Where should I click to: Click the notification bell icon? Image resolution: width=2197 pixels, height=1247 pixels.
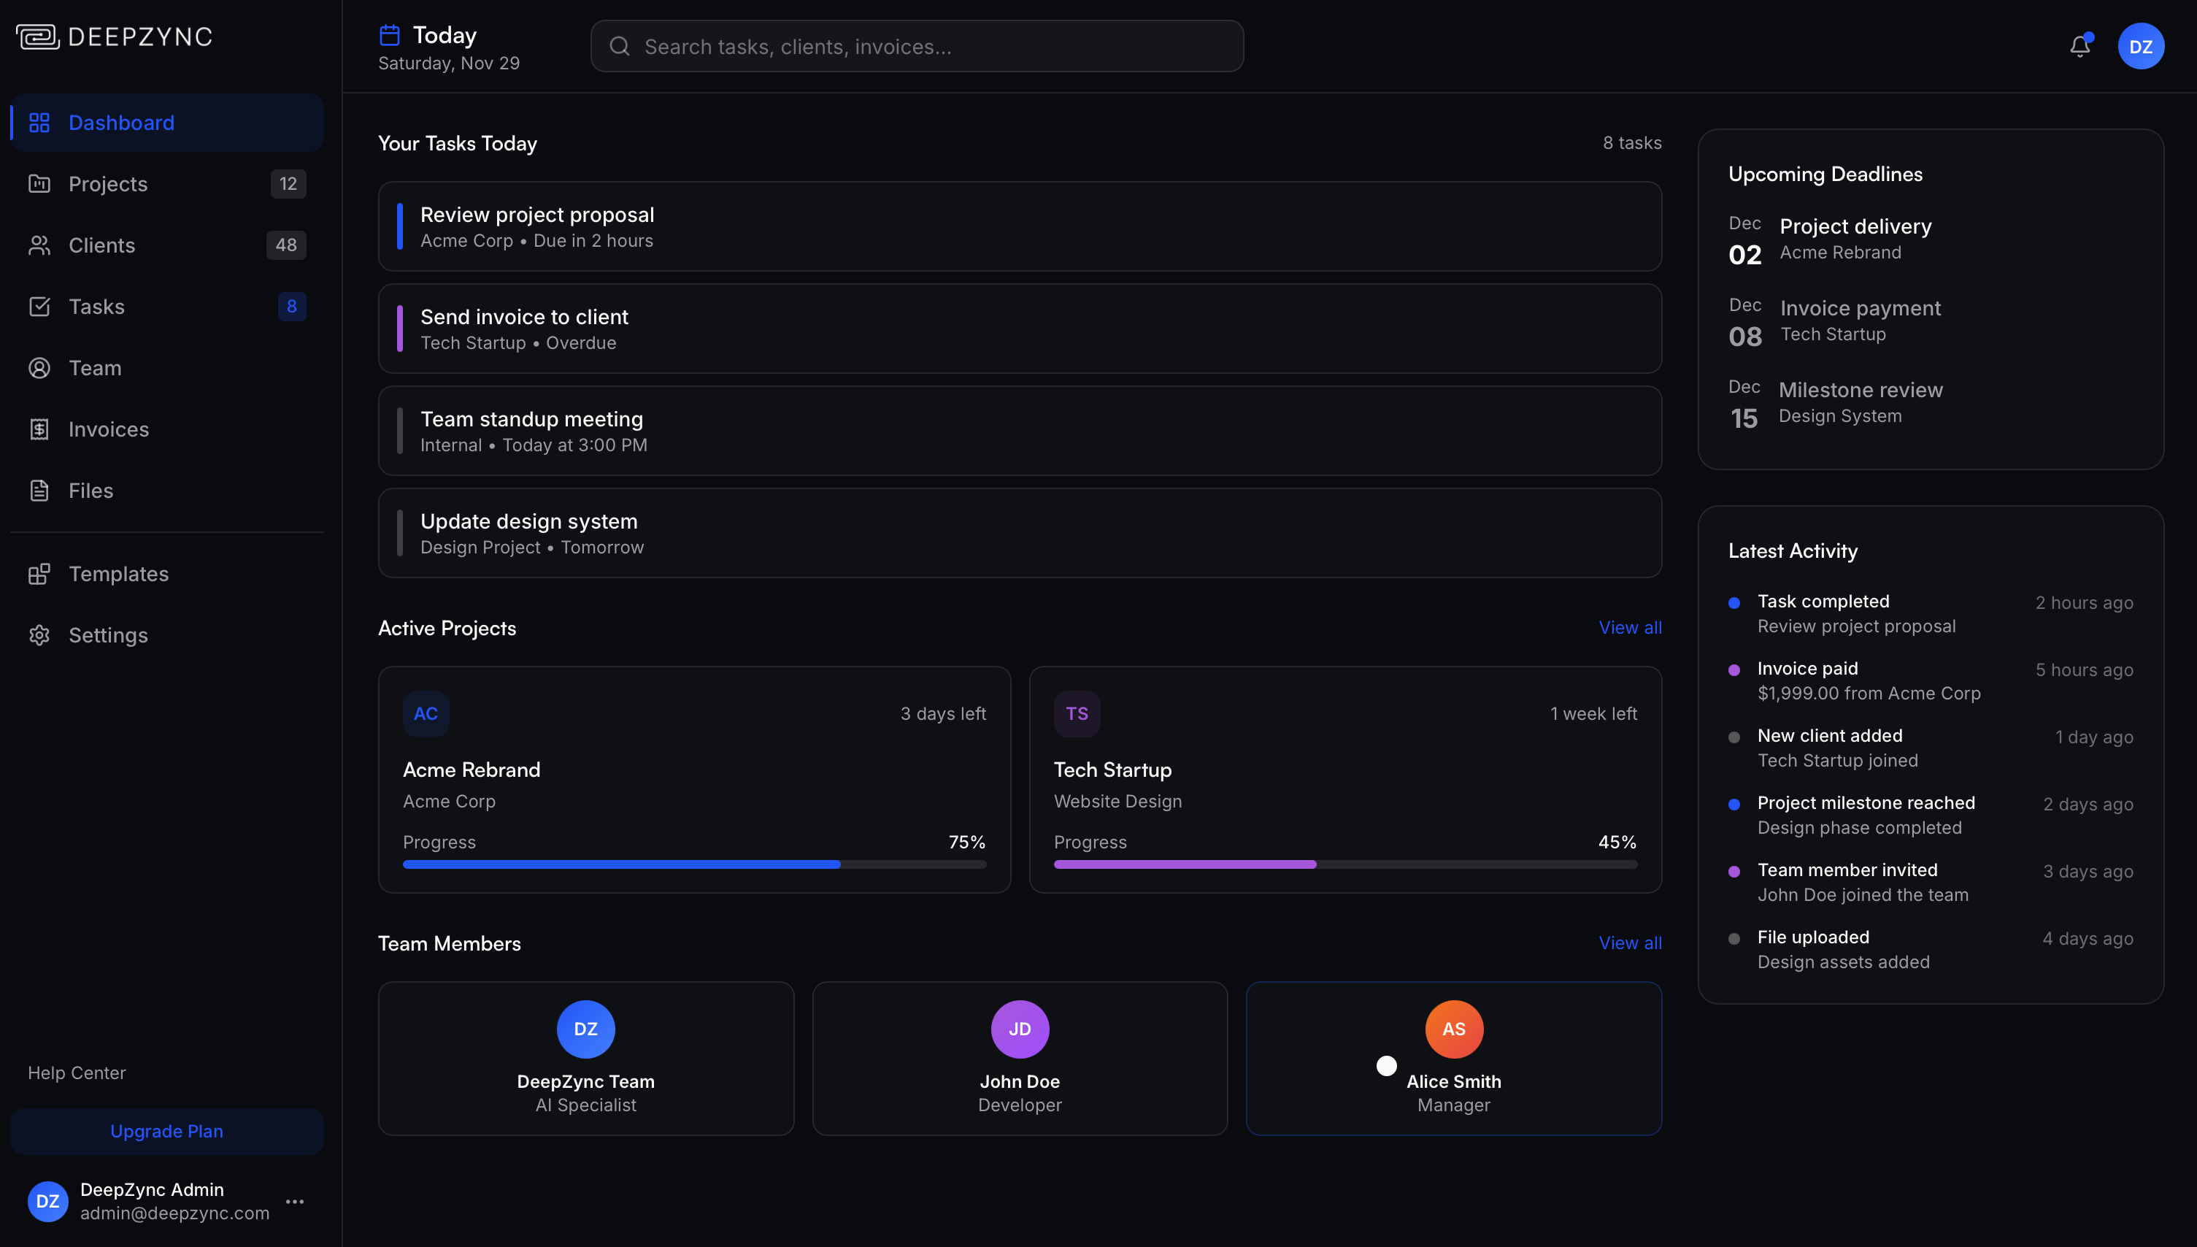tap(2079, 46)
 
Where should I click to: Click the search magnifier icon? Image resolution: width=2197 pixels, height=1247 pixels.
tap(620, 46)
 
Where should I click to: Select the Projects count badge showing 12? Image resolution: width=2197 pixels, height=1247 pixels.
tap(288, 184)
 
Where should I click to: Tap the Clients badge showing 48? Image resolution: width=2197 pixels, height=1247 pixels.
tap(286, 245)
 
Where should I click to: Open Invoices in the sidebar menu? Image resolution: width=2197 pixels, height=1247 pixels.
tap(108, 429)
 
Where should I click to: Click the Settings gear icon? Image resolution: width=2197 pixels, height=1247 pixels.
tap(39, 635)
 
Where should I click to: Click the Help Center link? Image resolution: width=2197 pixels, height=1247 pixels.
tap(76, 1073)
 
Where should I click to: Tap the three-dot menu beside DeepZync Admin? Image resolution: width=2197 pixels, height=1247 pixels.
tap(296, 1202)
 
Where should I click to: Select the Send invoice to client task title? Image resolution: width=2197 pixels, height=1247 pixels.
tap(524, 317)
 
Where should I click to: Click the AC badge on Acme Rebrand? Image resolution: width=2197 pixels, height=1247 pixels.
tap(426, 713)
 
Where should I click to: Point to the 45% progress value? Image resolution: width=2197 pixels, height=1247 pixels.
tap(1617, 842)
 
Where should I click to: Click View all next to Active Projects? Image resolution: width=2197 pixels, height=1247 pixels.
tap(1629, 628)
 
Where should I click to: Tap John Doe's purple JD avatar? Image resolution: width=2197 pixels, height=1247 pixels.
tap(1019, 1029)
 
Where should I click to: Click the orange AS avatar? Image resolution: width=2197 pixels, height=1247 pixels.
tap(1453, 1029)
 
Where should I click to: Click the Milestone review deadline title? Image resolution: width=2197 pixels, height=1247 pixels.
tap(1861, 390)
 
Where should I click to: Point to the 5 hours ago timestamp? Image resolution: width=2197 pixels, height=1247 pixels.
tap(2083, 669)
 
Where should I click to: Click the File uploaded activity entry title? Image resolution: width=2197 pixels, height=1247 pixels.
tap(1812, 937)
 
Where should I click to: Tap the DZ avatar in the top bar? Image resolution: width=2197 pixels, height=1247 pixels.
tap(2141, 46)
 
